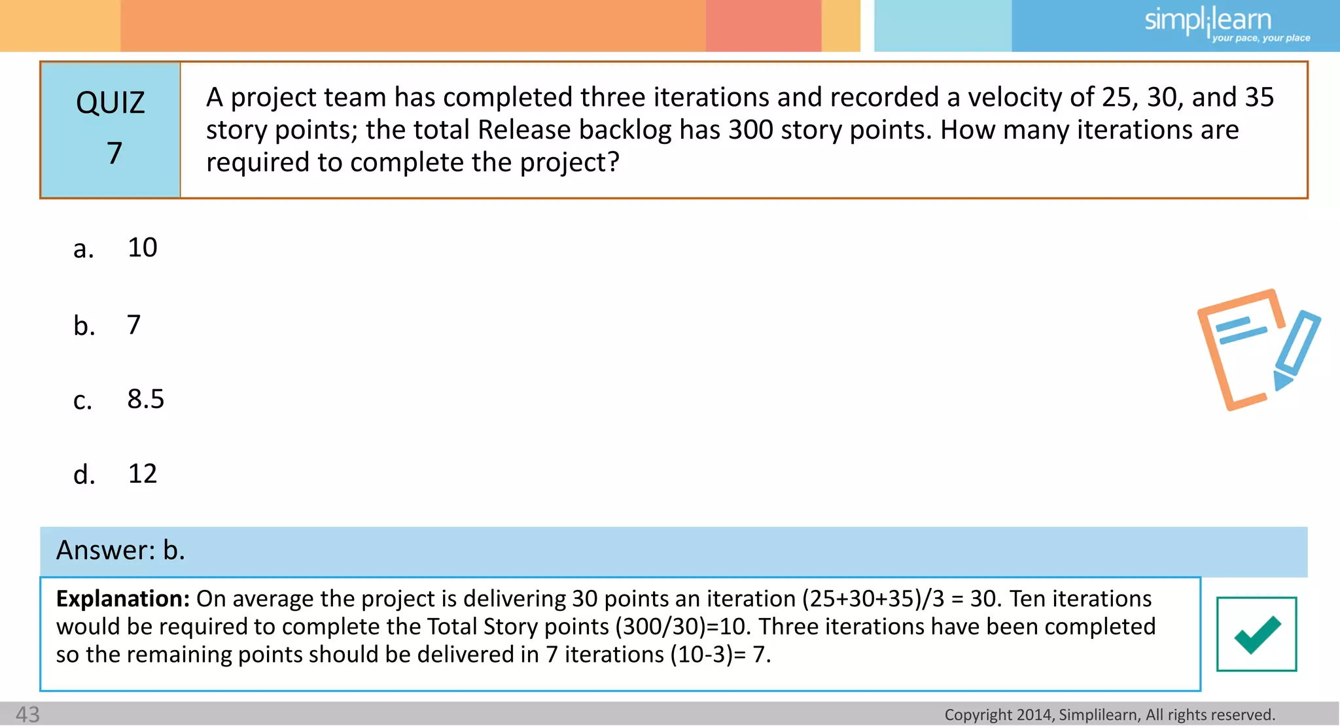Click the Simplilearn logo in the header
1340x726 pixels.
(x=1208, y=20)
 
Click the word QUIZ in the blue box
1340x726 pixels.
(x=110, y=103)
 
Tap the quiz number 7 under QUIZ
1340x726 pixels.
(x=115, y=153)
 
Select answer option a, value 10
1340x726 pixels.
(x=142, y=248)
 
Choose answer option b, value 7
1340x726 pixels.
(x=133, y=325)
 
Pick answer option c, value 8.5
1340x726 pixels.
(x=145, y=399)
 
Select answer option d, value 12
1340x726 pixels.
(x=142, y=474)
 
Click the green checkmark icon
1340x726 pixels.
(x=1257, y=634)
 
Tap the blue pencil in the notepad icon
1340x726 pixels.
(x=1296, y=350)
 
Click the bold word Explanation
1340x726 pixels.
(x=122, y=598)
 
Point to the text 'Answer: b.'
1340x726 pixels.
(x=121, y=550)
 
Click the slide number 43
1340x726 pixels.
(x=27, y=714)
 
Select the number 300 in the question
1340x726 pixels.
(x=751, y=130)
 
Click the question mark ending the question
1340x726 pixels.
(x=613, y=162)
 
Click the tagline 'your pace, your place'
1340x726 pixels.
(x=1261, y=39)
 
